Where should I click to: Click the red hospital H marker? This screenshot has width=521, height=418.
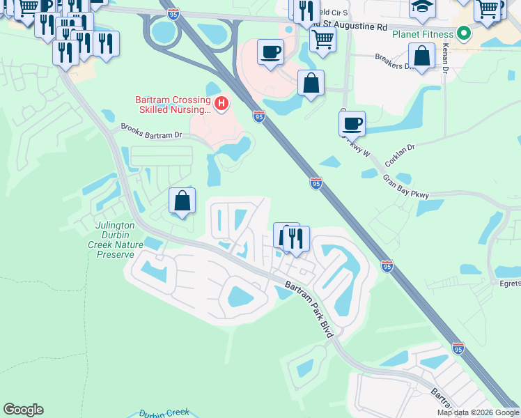tap(221, 104)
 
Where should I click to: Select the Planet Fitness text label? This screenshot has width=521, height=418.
tap(422, 33)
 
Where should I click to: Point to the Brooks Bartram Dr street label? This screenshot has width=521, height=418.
tap(151, 131)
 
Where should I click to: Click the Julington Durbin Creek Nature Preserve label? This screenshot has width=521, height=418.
tap(115, 239)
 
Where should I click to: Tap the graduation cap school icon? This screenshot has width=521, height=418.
tap(422, 8)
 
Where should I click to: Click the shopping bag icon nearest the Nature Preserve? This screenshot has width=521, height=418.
tap(182, 201)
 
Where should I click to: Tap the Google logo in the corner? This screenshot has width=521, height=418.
tap(23, 410)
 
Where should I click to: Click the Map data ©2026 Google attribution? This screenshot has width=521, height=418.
tap(478, 412)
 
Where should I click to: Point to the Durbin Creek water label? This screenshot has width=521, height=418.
tap(164, 412)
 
